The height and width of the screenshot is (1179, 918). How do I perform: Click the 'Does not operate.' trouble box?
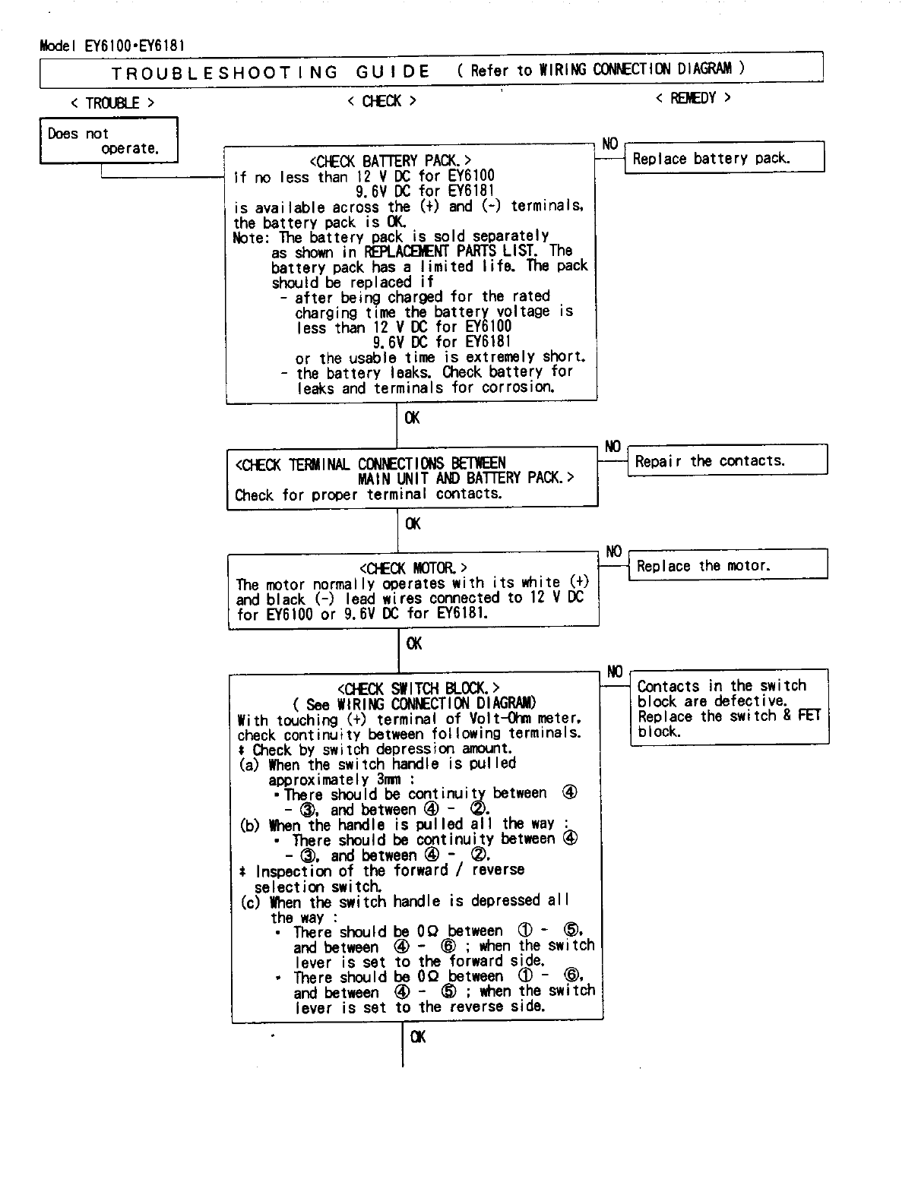coord(108,141)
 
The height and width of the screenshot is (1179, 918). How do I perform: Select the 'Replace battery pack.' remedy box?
coord(723,158)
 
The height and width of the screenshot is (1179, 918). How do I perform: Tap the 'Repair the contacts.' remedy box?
coord(726,460)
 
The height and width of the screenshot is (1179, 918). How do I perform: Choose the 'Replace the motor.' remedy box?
coord(727,565)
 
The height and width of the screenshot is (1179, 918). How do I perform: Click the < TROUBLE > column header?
coord(112,103)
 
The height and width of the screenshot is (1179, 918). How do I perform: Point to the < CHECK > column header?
coord(381,101)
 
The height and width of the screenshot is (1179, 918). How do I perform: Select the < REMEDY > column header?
coord(693,98)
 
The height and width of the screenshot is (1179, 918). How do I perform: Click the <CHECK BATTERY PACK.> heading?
coord(390,161)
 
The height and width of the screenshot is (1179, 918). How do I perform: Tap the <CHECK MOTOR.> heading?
coord(413,567)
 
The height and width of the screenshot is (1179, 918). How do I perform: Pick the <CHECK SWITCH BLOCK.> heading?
coord(418,688)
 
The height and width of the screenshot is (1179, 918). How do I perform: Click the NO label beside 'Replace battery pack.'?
coord(610,144)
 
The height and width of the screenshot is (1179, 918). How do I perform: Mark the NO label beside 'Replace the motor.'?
coord(614,552)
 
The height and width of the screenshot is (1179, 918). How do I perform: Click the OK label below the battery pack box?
coord(413,418)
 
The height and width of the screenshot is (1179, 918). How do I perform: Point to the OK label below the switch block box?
coord(418,1037)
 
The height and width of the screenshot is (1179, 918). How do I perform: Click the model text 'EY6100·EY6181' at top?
coord(135,46)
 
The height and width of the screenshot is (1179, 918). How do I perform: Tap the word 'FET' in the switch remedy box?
coord(809,716)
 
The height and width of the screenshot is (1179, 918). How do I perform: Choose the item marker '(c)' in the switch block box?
coord(251,902)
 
